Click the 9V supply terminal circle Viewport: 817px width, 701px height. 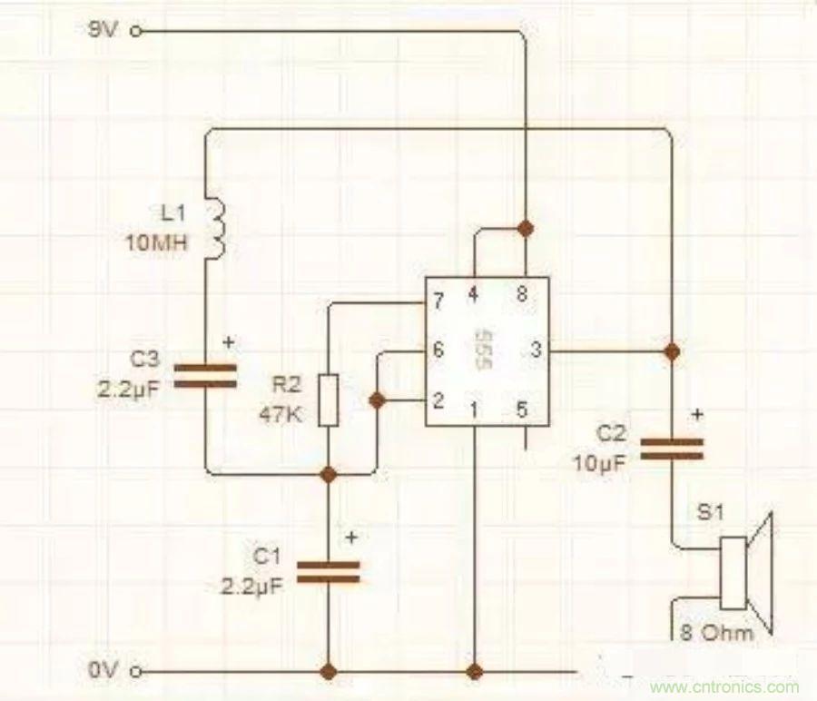coord(137,31)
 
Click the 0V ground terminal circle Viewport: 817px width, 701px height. coord(137,672)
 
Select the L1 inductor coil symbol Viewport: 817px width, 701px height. coord(218,227)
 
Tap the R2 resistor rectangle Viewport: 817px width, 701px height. coord(329,400)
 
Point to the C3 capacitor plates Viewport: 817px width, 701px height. coord(205,376)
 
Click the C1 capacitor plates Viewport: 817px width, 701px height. coord(329,570)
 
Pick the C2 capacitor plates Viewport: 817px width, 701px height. coord(672,449)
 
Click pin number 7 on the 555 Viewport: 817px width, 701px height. coord(438,299)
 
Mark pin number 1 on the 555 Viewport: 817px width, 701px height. coord(473,410)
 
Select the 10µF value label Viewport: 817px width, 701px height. coord(599,462)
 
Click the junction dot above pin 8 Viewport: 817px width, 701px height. coord(524,225)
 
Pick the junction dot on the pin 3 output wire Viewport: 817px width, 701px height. coord(672,350)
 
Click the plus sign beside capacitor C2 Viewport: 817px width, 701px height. coord(697,415)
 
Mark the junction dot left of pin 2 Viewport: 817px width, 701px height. coord(376,400)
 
